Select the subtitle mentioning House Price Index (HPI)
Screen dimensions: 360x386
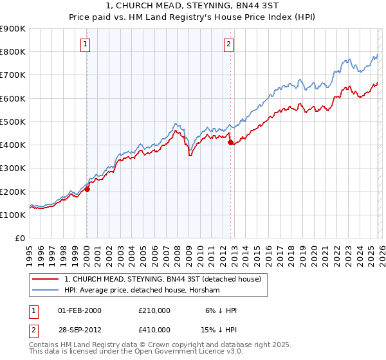click(193, 17)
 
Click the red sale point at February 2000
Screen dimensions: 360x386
click(87, 189)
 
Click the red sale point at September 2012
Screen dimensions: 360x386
click(230, 143)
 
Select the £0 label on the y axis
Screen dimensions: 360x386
click(19, 238)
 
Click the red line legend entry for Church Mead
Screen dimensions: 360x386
click(162, 280)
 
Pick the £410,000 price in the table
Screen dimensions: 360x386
click(155, 329)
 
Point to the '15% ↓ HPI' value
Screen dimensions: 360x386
click(219, 329)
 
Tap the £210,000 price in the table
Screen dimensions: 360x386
click(155, 310)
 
